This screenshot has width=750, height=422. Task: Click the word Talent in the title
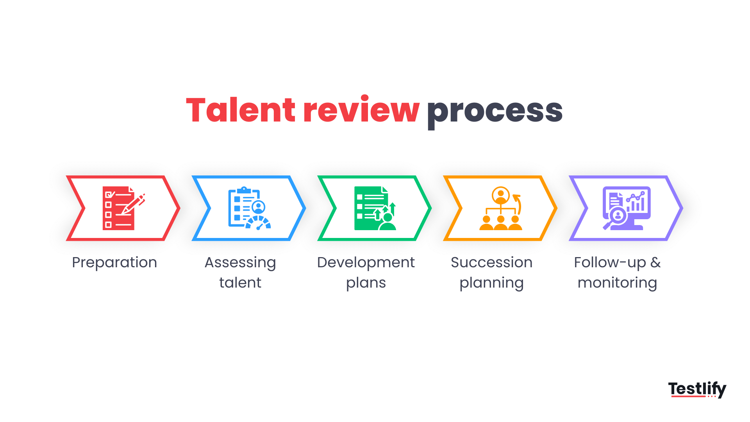click(x=241, y=110)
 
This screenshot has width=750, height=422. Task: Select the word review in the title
click(x=361, y=110)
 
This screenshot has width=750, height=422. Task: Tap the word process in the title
click(x=495, y=112)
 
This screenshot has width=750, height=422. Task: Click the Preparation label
click(x=114, y=263)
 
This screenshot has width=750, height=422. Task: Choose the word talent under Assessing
click(x=240, y=283)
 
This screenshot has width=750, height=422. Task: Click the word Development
click(x=366, y=263)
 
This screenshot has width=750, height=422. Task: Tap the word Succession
click(x=491, y=263)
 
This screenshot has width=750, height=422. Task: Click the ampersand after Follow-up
click(x=655, y=263)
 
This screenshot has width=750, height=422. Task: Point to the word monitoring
click(x=617, y=283)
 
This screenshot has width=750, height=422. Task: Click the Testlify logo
click(x=697, y=389)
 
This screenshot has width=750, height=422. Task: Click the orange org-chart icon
click(x=501, y=208)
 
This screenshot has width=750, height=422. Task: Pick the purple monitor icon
click(x=627, y=208)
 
